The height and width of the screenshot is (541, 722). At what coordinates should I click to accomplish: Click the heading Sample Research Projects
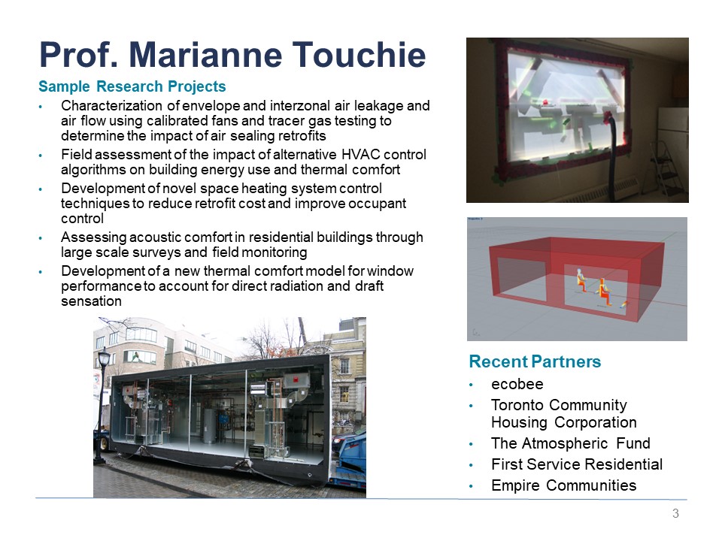point(132,86)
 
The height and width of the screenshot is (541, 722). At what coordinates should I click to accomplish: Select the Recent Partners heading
point(535,361)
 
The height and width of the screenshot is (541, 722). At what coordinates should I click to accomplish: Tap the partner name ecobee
point(517,384)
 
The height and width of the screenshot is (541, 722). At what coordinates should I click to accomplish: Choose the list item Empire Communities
point(563,485)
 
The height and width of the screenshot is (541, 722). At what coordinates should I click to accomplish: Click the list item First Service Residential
point(577,464)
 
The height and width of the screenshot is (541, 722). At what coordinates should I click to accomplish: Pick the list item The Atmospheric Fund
point(571,443)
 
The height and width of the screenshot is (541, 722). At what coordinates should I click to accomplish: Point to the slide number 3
point(675,513)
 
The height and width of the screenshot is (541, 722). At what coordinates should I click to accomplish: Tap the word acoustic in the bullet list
point(156,237)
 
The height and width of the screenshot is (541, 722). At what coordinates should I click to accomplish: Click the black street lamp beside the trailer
point(102,405)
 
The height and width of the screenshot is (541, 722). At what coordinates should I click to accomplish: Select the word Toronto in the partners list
point(520,405)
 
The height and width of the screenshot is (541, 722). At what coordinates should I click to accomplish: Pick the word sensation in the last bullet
point(91,301)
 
